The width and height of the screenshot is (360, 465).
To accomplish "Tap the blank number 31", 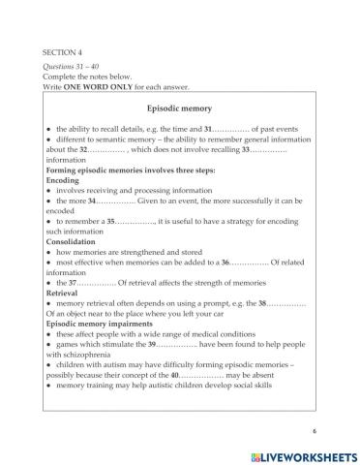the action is pyautogui.click(x=229, y=129).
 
